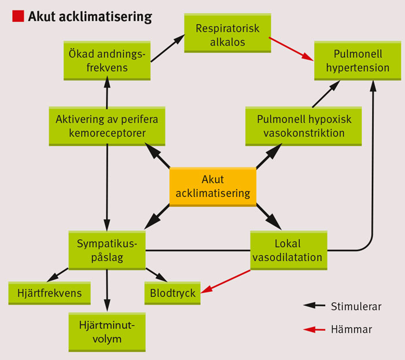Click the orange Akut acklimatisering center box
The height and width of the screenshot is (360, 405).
[213, 186]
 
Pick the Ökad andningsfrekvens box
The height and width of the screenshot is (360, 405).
[108, 61]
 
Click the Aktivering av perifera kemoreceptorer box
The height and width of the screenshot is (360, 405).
[107, 126]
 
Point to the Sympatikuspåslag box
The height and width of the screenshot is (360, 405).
[107, 250]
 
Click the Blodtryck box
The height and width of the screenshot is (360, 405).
[173, 293]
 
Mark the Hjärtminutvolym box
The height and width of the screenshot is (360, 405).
[107, 331]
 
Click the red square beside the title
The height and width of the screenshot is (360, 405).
[17, 16]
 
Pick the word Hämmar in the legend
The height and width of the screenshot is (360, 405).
[351, 329]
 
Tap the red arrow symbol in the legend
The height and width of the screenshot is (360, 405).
[315, 330]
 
